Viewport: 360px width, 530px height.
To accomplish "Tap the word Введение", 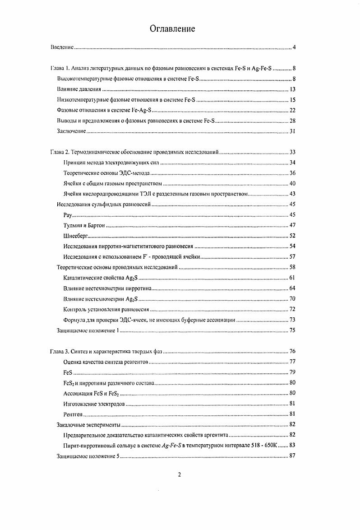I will pos(62,47).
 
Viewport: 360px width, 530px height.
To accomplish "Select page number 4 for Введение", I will pos(294,47).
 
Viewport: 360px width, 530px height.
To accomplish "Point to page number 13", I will pos(292,89).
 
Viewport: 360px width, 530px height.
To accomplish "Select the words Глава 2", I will pos(59,153).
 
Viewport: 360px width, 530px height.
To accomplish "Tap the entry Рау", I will pos(69,215).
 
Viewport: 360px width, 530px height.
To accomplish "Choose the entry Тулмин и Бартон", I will pos(84,225).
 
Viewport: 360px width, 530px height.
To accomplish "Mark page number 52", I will pos(292,236).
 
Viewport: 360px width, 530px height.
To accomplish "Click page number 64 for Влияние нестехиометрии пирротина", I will pos(292,288).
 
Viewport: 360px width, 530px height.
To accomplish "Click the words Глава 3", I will pos(59,352).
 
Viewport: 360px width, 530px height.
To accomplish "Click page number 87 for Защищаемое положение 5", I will pos(292,456).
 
